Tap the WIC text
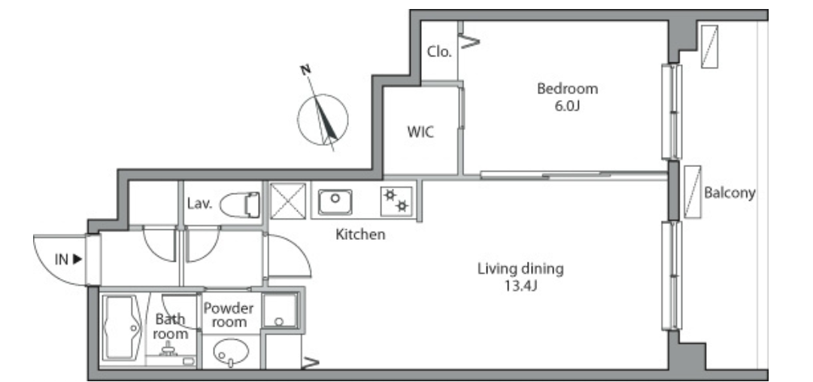[x=420, y=132]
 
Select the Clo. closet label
[x=439, y=52]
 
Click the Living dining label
[x=520, y=269]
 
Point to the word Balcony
[x=730, y=193]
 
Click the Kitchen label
[x=360, y=235]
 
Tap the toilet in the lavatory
[x=240, y=205]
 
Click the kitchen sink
[x=335, y=201]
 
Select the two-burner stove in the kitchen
[x=396, y=201]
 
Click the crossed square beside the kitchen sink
[x=288, y=201]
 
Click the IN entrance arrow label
[x=68, y=259]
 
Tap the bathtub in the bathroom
[x=121, y=328]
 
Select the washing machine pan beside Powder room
[x=280, y=311]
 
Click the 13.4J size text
[x=520, y=285]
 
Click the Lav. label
[x=199, y=204]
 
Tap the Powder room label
[x=229, y=315]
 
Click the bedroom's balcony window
[x=672, y=111]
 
